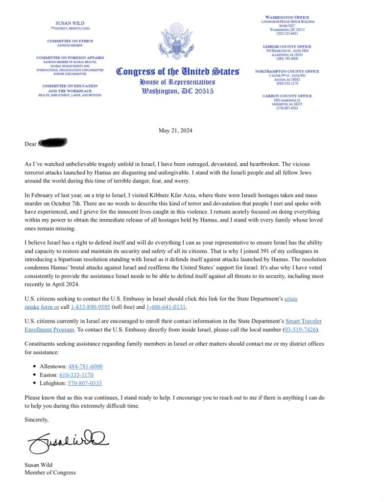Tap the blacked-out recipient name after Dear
click(52, 144)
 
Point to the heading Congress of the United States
click(177, 72)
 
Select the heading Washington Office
click(287, 17)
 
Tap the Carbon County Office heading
click(287, 96)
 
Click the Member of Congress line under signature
click(50, 473)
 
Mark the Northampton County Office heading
click(287, 71)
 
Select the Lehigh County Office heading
click(287, 47)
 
